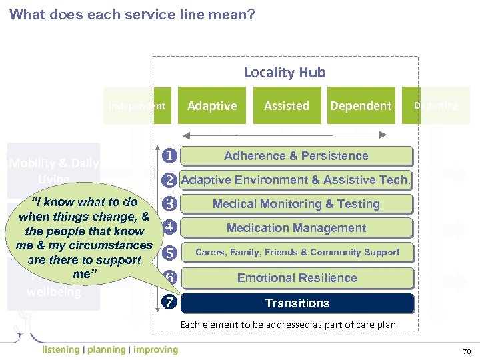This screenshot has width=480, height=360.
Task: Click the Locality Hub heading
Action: point(285,72)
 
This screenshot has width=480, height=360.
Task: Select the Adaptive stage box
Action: point(212,105)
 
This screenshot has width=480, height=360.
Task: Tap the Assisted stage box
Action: point(287,105)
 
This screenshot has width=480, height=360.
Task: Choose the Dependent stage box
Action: point(361,105)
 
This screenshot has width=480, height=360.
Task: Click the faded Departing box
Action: point(436,105)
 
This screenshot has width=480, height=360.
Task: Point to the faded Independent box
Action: point(137,105)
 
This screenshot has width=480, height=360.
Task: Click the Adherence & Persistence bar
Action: point(296,156)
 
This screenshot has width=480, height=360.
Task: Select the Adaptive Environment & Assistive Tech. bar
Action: point(296,180)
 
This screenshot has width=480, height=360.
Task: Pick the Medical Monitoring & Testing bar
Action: point(296,204)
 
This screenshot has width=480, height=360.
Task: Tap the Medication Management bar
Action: point(296,228)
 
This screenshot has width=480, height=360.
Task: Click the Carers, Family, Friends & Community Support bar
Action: point(297,252)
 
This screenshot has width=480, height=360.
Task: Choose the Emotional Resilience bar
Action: point(297,277)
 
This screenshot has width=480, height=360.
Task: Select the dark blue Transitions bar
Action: point(297,303)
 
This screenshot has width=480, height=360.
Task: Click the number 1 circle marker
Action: point(170,156)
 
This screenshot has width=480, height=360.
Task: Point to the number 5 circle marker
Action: point(170,253)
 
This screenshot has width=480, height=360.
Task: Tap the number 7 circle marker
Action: point(170,302)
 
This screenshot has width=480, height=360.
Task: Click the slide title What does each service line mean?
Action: point(132,14)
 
